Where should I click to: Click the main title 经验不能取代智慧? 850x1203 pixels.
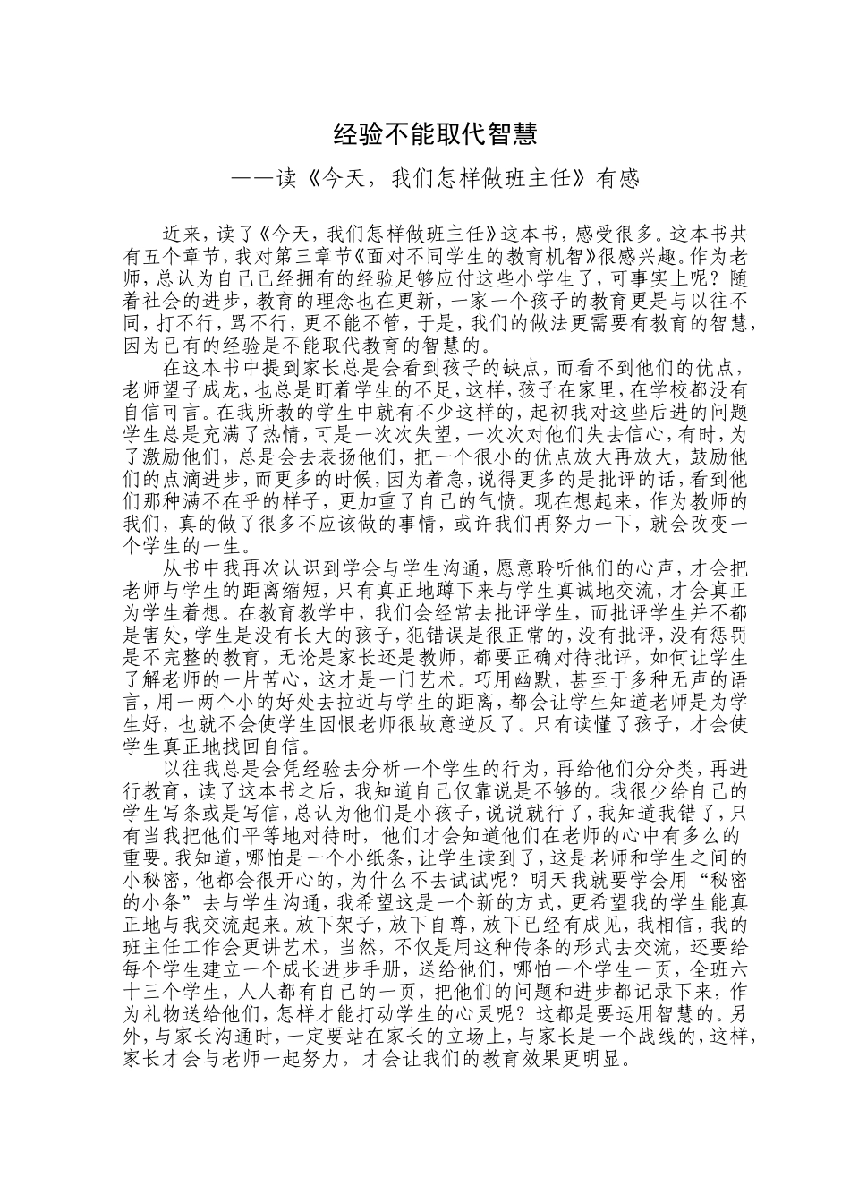435,135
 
